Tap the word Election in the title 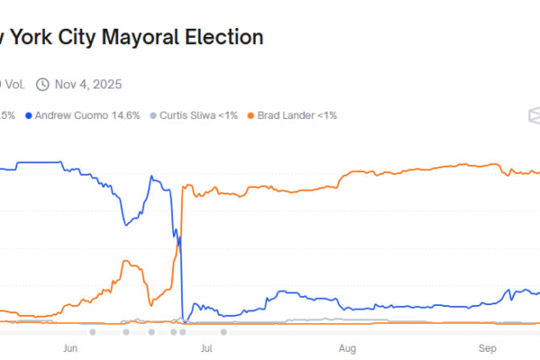click(x=225, y=38)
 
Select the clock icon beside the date click(x=41, y=85)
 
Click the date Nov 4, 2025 click(x=88, y=85)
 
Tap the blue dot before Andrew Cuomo click(x=30, y=116)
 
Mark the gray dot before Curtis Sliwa click(x=154, y=116)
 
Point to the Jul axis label click(x=206, y=346)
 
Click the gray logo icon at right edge click(x=534, y=116)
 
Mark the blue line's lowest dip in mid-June click(x=125, y=224)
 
